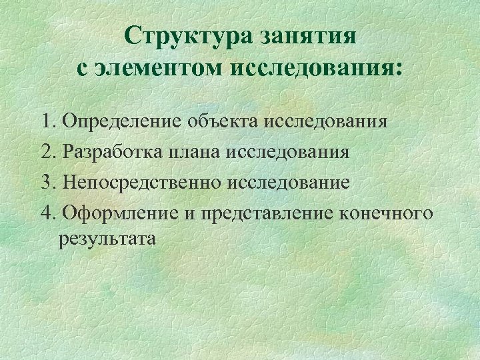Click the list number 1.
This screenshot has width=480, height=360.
pos(47,121)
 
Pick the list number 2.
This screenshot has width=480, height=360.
pos(47,152)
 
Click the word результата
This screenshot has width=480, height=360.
pos(107,238)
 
